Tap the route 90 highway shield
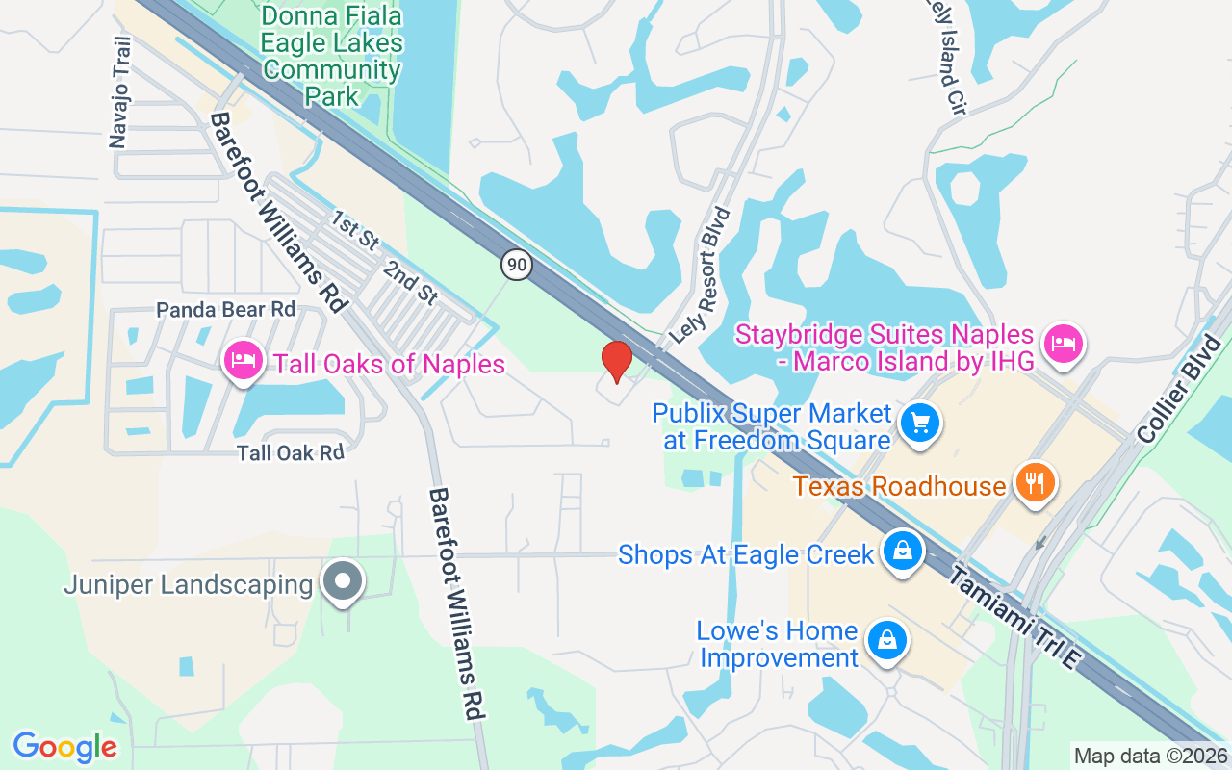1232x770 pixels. pyautogui.click(x=516, y=265)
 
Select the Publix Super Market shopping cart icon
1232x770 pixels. pyautogui.click(x=920, y=422)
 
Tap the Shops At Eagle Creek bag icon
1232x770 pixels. pyautogui.click(x=903, y=552)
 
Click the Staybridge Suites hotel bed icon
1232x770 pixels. pyautogui.click(x=1064, y=343)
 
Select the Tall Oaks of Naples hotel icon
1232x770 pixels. pyautogui.click(x=243, y=361)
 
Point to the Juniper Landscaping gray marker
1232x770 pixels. pyautogui.click(x=342, y=581)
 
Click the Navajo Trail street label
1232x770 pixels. pyautogui.click(x=119, y=92)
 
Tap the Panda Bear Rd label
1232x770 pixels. pyautogui.click(x=226, y=310)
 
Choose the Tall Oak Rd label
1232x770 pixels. pyautogui.click(x=291, y=452)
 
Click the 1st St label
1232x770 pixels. pyautogui.click(x=354, y=231)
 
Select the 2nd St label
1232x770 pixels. pyautogui.click(x=411, y=282)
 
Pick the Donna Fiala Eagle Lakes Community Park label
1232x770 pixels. pyautogui.click(x=332, y=56)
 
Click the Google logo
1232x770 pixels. pyautogui.click(x=64, y=747)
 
